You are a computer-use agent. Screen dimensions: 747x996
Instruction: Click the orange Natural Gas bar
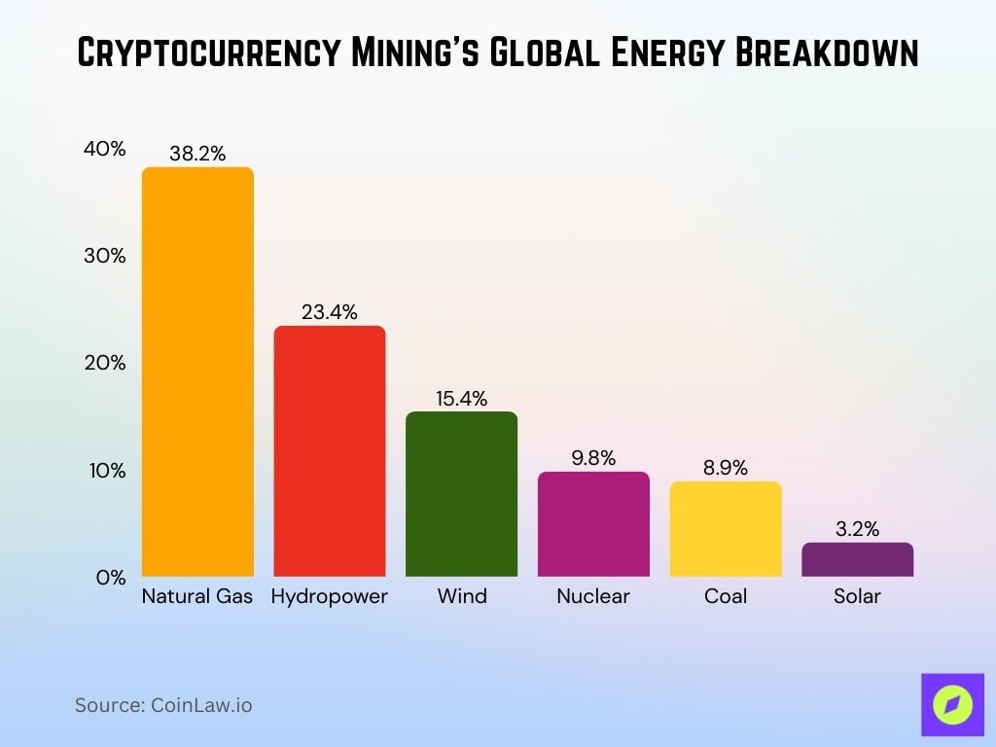click(x=197, y=372)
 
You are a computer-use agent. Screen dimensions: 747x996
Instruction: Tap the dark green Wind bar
click(x=461, y=494)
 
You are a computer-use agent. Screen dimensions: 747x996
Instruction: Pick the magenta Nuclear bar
click(x=593, y=523)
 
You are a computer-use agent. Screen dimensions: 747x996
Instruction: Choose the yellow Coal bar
click(x=726, y=528)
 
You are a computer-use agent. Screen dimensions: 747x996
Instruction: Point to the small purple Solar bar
click(x=857, y=559)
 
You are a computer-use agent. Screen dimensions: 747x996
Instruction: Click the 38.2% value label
click(x=197, y=153)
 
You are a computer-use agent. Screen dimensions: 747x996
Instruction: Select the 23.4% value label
click(x=329, y=312)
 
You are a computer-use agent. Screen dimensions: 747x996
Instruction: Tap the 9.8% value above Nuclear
click(x=593, y=458)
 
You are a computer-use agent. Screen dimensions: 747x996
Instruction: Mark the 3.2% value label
click(x=857, y=529)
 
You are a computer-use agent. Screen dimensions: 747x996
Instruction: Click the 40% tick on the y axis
click(x=104, y=149)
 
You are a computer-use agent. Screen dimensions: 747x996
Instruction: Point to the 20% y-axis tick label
click(x=104, y=363)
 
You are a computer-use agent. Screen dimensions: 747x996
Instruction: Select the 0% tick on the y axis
click(x=111, y=577)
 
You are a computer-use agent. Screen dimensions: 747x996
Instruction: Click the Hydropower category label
click(x=329, y=596)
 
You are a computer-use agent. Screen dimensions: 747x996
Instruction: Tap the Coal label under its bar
click(x=726, y=596)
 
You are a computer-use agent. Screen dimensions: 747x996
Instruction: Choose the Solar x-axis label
click(x=857, y=596)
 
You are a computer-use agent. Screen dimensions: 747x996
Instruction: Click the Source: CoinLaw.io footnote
click(x=163, y=705)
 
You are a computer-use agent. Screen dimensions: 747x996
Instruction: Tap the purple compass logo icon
click(x=952, y=703)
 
